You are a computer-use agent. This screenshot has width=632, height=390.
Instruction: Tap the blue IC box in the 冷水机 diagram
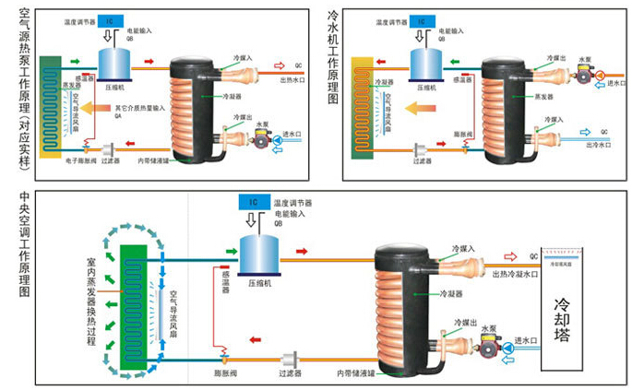coord(423,18)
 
